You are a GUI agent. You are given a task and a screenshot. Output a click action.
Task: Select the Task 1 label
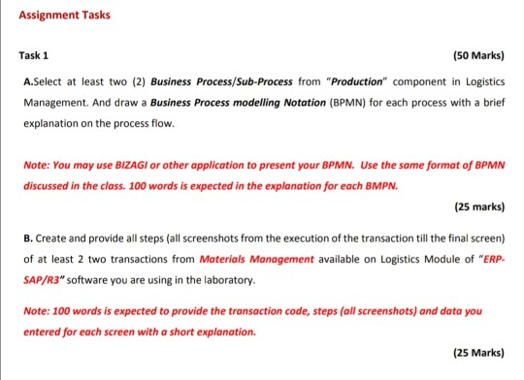point(36,55)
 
